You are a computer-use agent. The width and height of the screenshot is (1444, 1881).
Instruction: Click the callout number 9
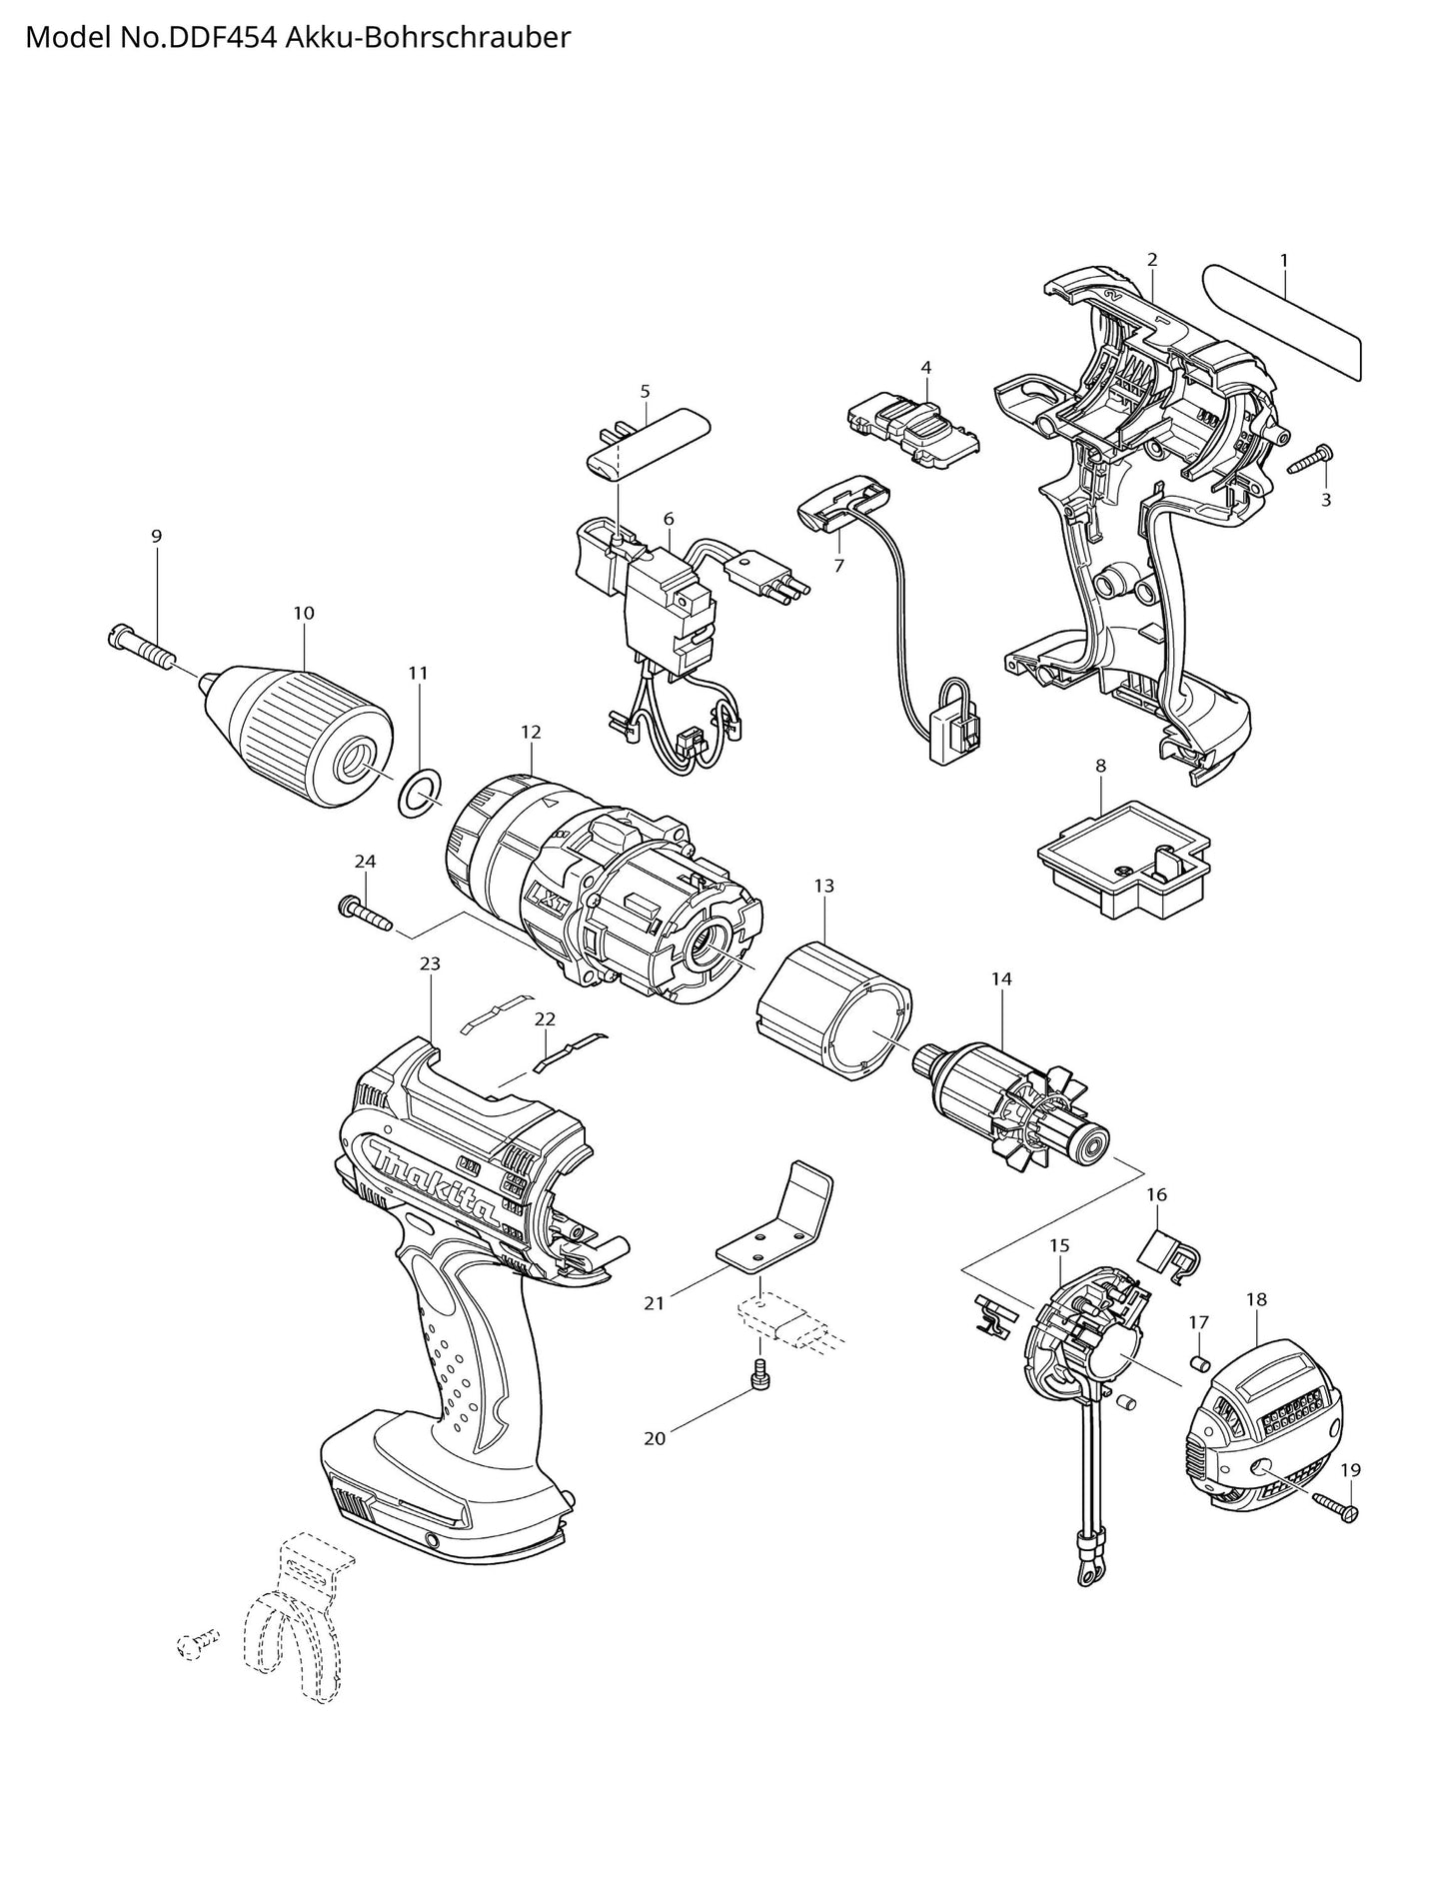click(x=156, y=537)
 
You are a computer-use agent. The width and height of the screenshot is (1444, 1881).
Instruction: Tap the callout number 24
click(x=365, y=861)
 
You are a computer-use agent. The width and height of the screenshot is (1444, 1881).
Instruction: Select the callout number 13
click(x=823, y=886)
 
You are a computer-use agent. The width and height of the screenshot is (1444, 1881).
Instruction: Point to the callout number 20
click(x=655, y=1438)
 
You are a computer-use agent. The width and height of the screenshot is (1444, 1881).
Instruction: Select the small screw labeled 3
click(x=1307, y=461)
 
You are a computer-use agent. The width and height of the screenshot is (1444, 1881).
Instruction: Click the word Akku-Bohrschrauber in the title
click(x=429, y=37)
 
